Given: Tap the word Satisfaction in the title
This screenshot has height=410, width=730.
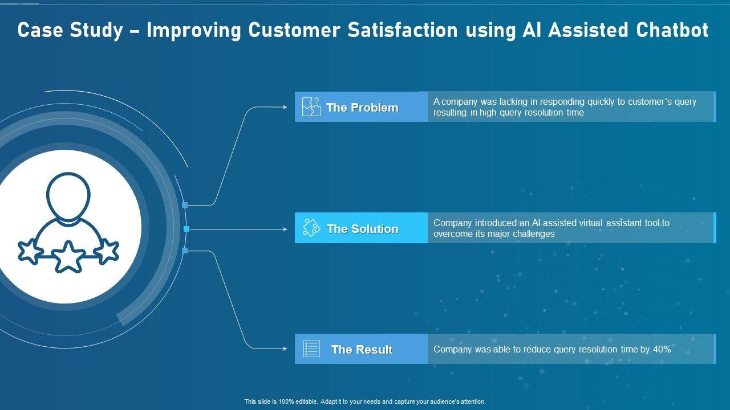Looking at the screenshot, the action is click(403, 30).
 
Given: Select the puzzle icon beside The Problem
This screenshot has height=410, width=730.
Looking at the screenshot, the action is click(311, 106).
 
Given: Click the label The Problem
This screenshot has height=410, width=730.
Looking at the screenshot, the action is click(362, 108).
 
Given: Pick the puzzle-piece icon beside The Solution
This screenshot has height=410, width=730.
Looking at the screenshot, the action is click(311, 228).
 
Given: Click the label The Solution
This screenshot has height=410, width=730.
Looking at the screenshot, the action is click(362, 229).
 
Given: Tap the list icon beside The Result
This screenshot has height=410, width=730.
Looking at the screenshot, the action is click(311, 348).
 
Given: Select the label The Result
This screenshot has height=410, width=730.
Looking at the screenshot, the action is click(362, 350).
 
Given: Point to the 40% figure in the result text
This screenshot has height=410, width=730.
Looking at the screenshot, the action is click(662, 349).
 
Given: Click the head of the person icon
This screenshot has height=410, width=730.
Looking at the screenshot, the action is click(68, 196).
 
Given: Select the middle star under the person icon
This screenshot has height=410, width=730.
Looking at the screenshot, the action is click(68, 257).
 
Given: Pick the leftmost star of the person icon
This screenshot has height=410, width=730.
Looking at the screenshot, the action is click(30, 251).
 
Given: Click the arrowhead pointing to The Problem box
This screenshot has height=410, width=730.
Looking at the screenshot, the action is click(285, 107).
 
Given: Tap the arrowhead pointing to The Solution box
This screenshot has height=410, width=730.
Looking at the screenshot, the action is click(285, 229).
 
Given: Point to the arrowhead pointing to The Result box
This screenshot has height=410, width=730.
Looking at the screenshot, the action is click(285, 349).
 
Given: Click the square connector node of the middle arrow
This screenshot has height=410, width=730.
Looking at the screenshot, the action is click(186, 229).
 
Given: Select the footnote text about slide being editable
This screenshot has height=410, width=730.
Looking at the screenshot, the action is click(365, 401).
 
